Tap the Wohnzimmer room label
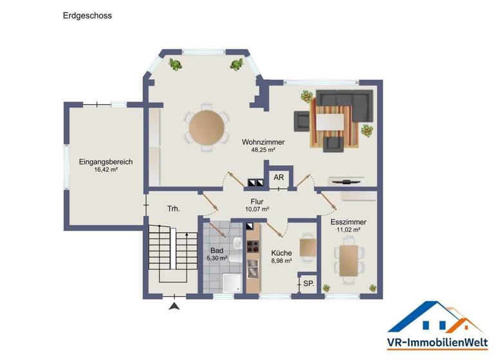[263, 142]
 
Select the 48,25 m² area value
[263, 150]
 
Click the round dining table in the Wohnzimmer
[207, 127]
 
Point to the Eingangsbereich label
[105, 162]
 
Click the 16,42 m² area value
[105, 170]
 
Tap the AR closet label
[279, 177]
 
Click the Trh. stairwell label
[173, 209]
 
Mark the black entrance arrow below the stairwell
[173, 307]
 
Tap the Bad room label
[217, 250]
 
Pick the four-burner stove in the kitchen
[253, 246]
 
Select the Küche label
[282, 253]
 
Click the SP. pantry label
[308, 283]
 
